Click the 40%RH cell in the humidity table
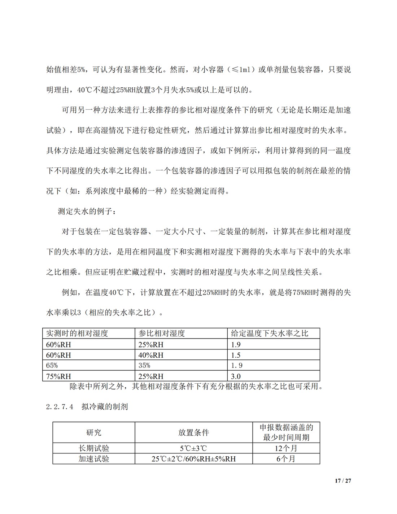[x=151, y=355]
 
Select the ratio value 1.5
[x=236, y=355]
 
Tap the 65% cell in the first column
[x=52, y=365]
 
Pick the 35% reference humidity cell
[x=144, y=365]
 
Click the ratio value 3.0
[x=236, y=376]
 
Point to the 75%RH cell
[x=58, y=376]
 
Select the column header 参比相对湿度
[x=162, y=333]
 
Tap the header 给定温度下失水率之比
[x=270, y=333]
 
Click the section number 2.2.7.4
[x=60, y=407]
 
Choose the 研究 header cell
[x=94, y=432]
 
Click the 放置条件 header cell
[x=194, y=432]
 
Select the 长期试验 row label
[x=94, y=448]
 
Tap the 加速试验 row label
[x=94, y=459]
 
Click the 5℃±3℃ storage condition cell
[x=194, y=448]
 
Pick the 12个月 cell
[x=286, y=448]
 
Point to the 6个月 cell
[x=286, y=459]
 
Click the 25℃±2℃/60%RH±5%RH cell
[x=194, y=459]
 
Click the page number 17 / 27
[x=343, y=481]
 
